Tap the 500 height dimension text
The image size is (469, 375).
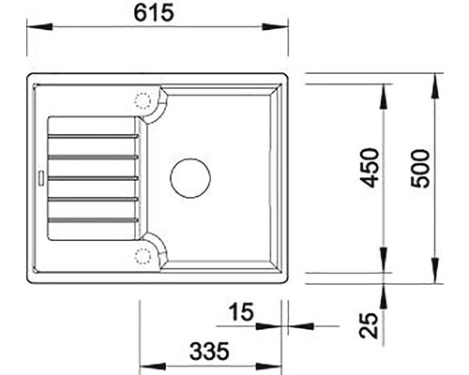pos(424,168)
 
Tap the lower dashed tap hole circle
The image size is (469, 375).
pos(144,254)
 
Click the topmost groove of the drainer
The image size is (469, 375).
pos(92,134)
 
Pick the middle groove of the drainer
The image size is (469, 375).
pos(92,177)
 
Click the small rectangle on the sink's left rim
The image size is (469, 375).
pos(39,175)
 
